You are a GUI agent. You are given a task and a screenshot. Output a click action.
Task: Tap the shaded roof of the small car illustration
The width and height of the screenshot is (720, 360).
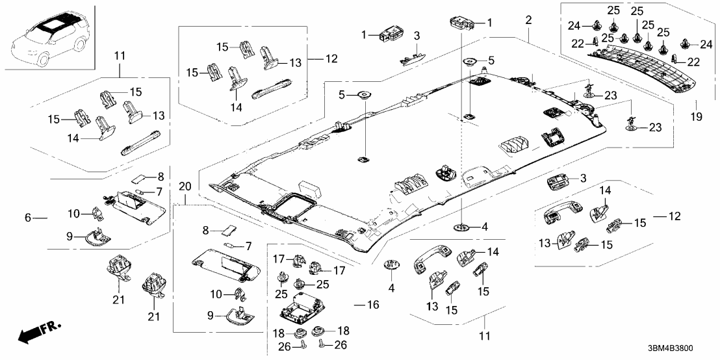[x=49, y=26]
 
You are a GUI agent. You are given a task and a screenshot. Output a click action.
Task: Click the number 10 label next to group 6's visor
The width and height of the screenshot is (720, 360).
[x=74, y=214]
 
